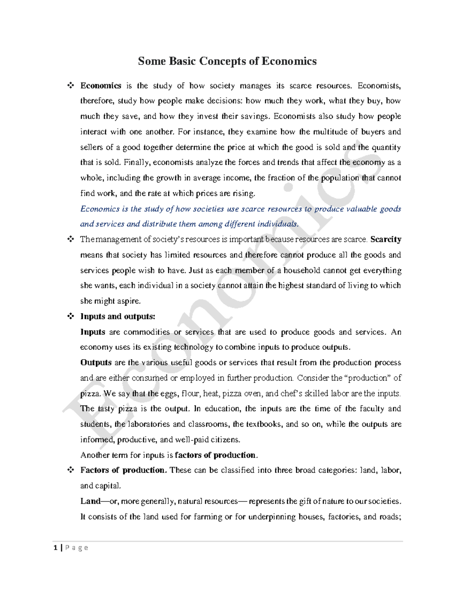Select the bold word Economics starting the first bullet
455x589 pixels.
[100, 86]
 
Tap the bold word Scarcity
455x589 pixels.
[386, 239]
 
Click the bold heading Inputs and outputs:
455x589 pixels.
[118, 316]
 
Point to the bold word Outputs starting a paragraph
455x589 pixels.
[96, 363]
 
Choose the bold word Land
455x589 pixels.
[90, 501]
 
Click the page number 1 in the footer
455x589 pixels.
[56, 547]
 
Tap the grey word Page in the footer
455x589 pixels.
[77, 547]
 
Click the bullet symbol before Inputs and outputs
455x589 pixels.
[70, 316]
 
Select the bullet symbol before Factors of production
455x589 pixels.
[70, 470]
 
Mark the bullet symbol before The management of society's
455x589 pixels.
[70, 239]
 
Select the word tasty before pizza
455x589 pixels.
[106, 409]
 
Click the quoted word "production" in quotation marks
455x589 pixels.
[368, 378]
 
